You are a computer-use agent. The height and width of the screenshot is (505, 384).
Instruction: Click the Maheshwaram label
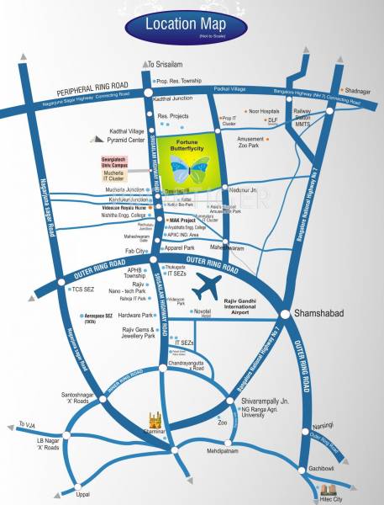227,247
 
